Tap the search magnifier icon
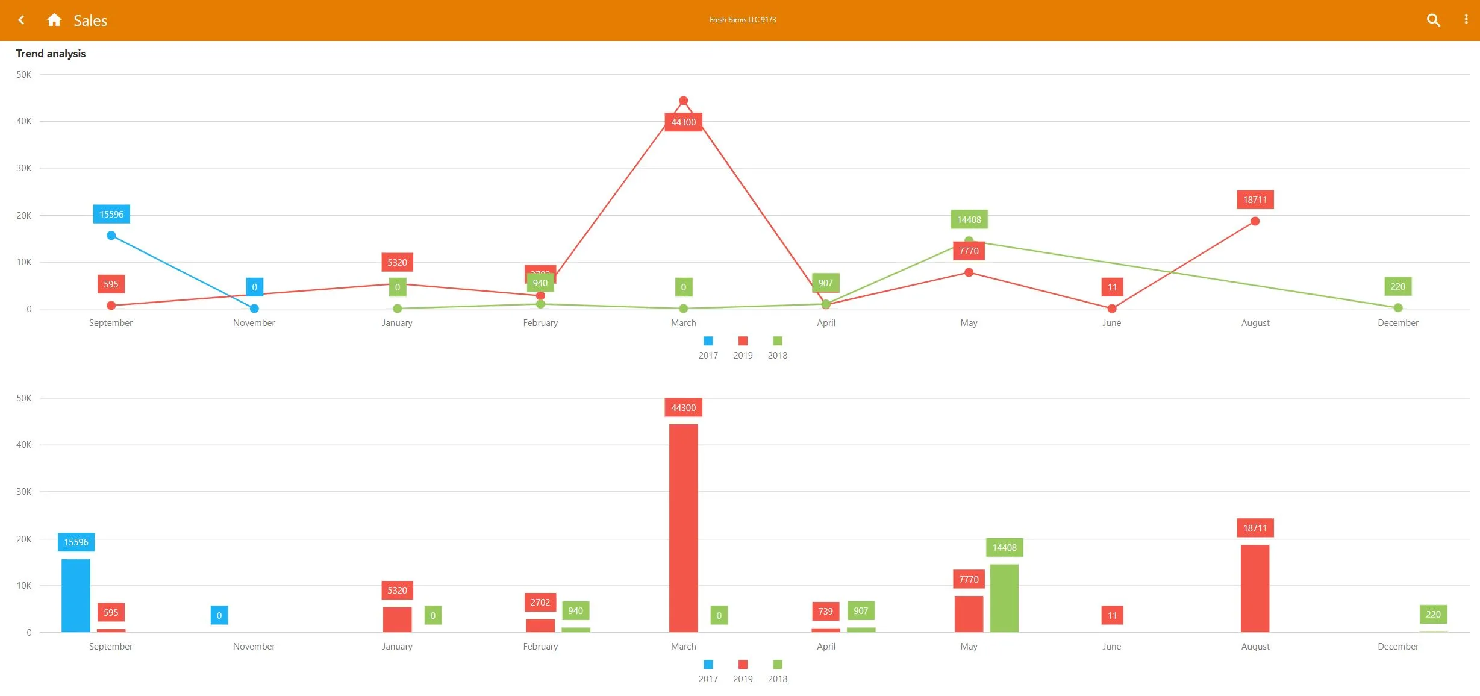click(x=1433, y=20)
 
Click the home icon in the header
click(x=54, y=20)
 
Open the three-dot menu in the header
click(x=1466, y=20)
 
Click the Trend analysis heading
click(x=51, y=54)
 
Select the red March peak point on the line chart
click(x=683, y=101)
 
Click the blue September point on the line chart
click(x=111, y=236)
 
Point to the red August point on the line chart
click(x=1255, y=221)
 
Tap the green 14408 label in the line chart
click(x=969, y=219)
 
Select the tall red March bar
click(x=683, y=528)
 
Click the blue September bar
click(x=76, y=595)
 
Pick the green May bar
click(x=1004, y=598)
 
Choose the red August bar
click(x=1255, y=588)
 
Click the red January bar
click(x=397, y=619)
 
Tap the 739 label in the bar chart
click(x=825, y=611)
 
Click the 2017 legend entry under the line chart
click(x=708, y=348)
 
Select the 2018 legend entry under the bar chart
click(x=778, y=672)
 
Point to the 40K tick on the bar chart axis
click(x=23, y=445)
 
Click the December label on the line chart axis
click(x=1397, y=323)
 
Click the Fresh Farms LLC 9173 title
click(x=742, y=20)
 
